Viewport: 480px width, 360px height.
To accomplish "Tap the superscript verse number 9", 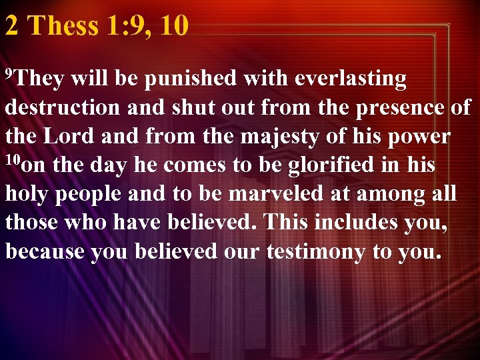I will point(9,71).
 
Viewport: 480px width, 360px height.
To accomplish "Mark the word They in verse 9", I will point(39,79).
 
